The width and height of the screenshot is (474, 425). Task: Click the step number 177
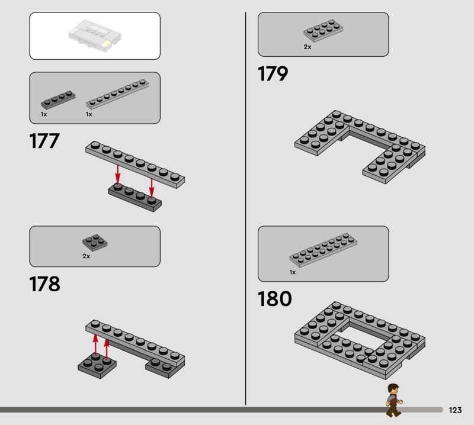point(44,141)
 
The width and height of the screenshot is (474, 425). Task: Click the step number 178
point(44,284)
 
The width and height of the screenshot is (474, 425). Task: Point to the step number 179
point(273,74)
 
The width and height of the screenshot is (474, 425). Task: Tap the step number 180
point(274,298)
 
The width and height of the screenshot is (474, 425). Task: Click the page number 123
point(455,410)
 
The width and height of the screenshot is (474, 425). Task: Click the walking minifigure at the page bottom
point(394,400)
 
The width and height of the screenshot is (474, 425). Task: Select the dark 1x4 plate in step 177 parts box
point(58,100)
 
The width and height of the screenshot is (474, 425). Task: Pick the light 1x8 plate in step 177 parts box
point(117,94)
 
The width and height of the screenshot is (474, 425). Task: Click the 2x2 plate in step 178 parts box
point(95,243)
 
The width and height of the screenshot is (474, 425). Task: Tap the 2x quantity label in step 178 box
point(86,256)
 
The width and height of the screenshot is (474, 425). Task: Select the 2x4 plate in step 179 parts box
point(323,31)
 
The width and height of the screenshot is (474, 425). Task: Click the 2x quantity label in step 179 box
point(308,47)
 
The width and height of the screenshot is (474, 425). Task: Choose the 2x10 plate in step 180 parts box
point(323,250)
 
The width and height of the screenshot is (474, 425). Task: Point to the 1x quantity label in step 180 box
point(292,272)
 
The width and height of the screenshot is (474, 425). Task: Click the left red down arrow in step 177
point(118,174)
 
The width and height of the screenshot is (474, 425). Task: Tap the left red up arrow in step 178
point(95,344)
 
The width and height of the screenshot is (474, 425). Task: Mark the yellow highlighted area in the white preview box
point(107,45)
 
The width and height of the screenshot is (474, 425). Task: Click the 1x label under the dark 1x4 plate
point(44,114)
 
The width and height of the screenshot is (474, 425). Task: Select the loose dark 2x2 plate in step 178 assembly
point(97,365)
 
